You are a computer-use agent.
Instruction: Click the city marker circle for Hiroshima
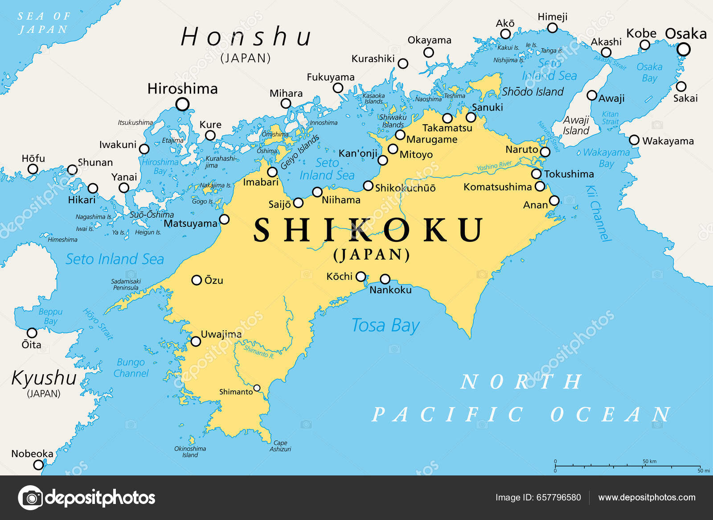pyautogui.click(x=182, y=105)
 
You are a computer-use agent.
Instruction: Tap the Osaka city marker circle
pyautogui.click(x=683, y=49)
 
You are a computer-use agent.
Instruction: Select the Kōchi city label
pyautogui.click(x=339, y=276)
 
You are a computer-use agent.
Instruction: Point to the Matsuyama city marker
pyautogui.click(x=225, y=219)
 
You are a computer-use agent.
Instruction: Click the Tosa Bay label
pyautogui.click(x=385, y=326)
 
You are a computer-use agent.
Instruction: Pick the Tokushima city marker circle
pyautogui.click(x=537, y=174)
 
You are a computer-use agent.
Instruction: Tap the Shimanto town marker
pyautogui.click(x=257, y=388)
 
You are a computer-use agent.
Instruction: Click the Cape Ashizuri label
pyautogui.click(x=280, y=446)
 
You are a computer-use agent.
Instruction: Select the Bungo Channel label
pyautogui.click(x=131, y=368)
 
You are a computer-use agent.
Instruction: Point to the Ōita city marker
pyautogui.click(x=32, y=333)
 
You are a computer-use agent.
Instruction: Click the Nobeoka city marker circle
pyautogui.click(x=39, y=465)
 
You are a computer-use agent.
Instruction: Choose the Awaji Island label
pyautogui.click(x=576, y=126)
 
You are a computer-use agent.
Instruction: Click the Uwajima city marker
pyautogui.click(x=196, y=341)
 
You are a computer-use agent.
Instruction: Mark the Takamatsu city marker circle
pyautogui.click(x=447, y=119)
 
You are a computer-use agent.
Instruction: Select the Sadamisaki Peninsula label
pyautogui.click(x=126, y=284)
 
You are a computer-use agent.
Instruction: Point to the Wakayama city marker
pyautogui.click(x=634, y=140)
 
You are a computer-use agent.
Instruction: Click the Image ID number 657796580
pyautogui.click(x=538, y=498)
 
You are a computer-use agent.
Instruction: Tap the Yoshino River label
pyautogui.click(x=494, y=166)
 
